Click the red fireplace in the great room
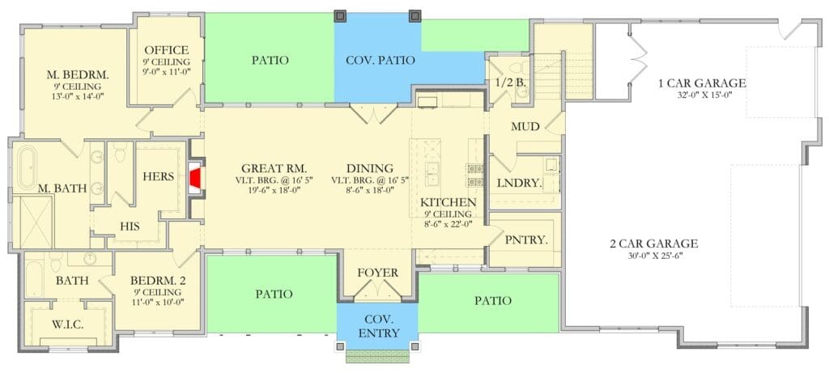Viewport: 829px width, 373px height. tap(195, 177)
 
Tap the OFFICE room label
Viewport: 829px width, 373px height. tap(167, 50)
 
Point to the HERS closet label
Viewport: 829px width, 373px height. tap(159, 176)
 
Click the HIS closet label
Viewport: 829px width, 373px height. tap(130, 226)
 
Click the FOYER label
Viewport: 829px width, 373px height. tap(377, 273)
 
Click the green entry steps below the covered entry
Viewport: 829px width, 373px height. tap(377, 356)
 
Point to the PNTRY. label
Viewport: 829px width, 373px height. tap(525, 239)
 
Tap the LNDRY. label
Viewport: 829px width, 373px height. tap(520, 184)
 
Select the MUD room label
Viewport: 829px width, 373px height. tap(525, 127)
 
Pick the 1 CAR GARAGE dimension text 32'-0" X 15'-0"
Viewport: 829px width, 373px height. tap(702, 95)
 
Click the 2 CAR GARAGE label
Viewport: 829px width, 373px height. tap(654, 244)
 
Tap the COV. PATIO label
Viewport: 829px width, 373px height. tap(380, 60)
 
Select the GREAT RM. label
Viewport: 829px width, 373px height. tap(274, 168)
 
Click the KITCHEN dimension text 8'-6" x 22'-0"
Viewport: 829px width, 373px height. tap(447, 223)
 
